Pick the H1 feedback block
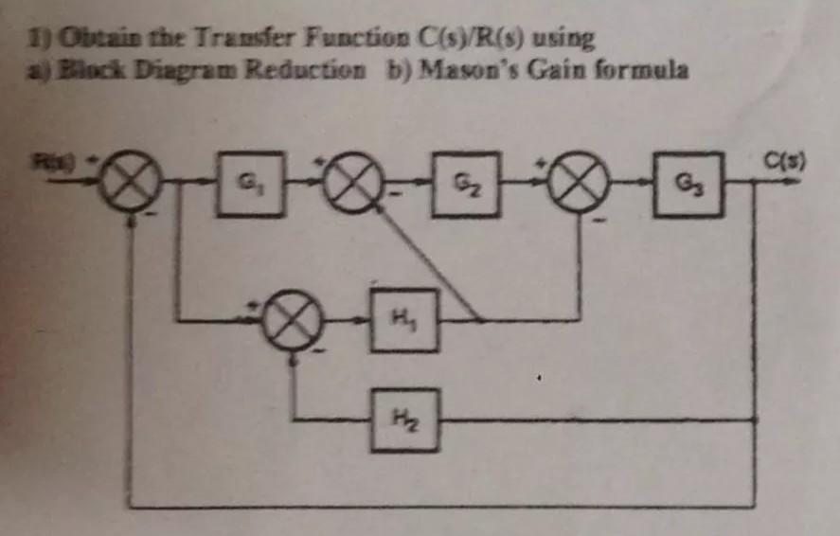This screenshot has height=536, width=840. (x=404, y=320)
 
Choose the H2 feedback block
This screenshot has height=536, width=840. (x=404, y=419)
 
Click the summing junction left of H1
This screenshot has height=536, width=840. (x=292, y=320)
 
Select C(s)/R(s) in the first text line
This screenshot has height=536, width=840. (x=462, y=39)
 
